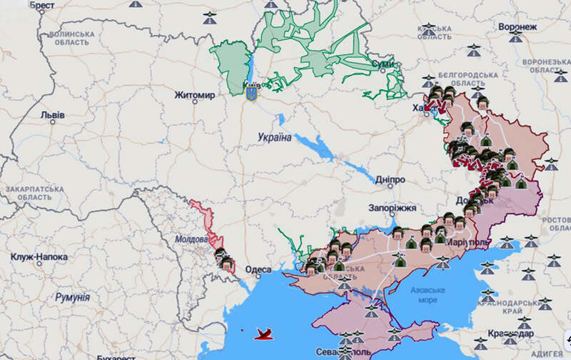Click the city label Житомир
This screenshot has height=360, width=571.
point(195,94)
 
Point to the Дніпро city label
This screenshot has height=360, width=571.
point(389,180)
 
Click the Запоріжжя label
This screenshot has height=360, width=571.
point(392,207)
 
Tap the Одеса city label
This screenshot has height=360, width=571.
point(258,269)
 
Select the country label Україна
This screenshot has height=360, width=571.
point(275,137)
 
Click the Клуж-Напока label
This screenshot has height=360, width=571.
point(39,256)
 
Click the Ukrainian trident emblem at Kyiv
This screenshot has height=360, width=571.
point(251,93)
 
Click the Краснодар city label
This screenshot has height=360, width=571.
point(511,334)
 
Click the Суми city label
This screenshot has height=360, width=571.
point(383,65)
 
